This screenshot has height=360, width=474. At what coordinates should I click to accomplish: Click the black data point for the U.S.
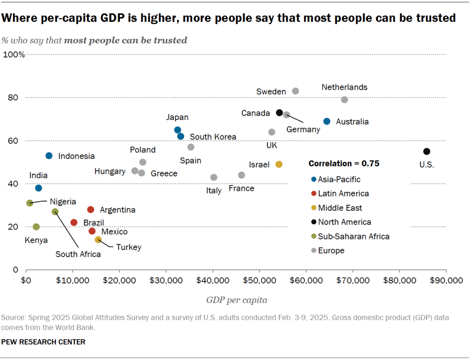tap(426, 152)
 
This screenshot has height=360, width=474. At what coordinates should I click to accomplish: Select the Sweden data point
tap(296, 91)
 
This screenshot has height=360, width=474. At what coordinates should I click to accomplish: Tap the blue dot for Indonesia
tap(49, 156)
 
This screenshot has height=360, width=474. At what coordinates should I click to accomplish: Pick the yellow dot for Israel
tap(279, 164)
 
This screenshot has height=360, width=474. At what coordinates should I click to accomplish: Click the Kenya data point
tap(36, 227)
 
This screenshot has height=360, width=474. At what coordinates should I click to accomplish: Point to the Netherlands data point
tap(344, 100)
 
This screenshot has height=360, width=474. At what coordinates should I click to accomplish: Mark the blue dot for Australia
tap(327, 121)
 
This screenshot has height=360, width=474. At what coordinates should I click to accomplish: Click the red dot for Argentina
tap(91, 209)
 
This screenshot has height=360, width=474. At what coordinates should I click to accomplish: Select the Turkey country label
tap(128, 247)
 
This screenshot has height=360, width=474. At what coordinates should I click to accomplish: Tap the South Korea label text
tap(213, 137)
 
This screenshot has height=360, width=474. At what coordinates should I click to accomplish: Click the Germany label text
tap(303, 130)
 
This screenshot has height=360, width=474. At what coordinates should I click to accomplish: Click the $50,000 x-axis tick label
tap(259, 281)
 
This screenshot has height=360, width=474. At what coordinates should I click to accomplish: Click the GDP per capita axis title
tap(236, 300)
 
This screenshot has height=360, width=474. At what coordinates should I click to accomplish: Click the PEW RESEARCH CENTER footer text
tap(43, 342)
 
